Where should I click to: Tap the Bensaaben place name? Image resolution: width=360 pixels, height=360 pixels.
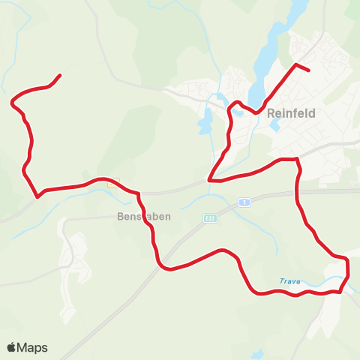[x=145, y=217]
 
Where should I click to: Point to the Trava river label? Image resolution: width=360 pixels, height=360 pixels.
[x=289, y=281]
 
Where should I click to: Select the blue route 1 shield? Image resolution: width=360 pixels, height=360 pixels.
[x=244, y=202]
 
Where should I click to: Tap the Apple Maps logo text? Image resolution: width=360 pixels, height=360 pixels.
[x=32, y=347]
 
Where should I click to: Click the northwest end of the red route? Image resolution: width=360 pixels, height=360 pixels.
[x=59, y=75]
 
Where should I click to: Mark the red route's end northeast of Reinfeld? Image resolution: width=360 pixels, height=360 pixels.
[x=308, y=70]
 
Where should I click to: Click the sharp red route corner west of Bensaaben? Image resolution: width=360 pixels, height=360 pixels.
[x=37, y=197]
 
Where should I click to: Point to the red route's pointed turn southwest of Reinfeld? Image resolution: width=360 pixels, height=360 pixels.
[x=210, y=180]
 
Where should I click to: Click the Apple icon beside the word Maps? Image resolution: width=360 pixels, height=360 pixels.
[x=12, y=347]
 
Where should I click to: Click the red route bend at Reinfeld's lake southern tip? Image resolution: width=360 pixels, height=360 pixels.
[x=257, y=112]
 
